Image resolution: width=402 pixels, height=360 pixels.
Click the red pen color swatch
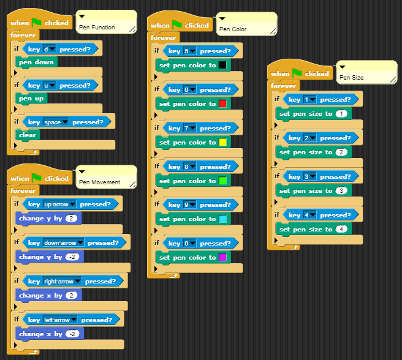tap(222, 103)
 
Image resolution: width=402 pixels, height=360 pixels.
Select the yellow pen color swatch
tap(222, 142)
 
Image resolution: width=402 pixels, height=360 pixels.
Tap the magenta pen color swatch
tap(222, 257)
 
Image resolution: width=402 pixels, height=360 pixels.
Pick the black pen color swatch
tap(222, 65)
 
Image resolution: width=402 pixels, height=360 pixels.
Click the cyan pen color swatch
tap(222, 219)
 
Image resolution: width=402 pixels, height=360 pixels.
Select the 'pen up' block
tap(32, 98)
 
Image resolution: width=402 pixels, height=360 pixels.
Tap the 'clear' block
tap(28, 135)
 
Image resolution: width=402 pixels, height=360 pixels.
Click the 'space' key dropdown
tap(56, 122)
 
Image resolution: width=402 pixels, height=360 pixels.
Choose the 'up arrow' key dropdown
tap(59, 204)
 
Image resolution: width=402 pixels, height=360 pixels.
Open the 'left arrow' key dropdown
tap(60, 320)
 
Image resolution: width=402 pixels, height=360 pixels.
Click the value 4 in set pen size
tap(341, 229)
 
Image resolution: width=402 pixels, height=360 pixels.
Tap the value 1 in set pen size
tap(341, 114)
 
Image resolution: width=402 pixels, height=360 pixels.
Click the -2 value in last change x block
tap(73, 334)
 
